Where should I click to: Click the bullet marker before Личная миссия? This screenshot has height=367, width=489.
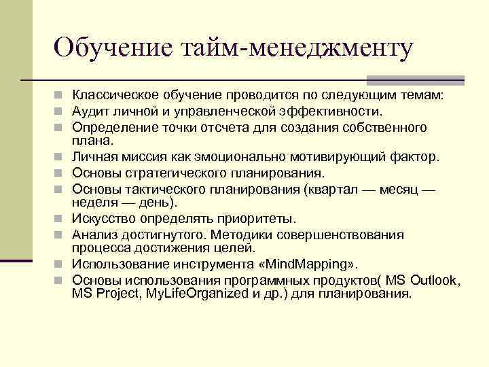(x=62, y=157)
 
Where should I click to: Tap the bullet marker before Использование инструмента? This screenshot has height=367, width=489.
(x=62, y=264)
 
